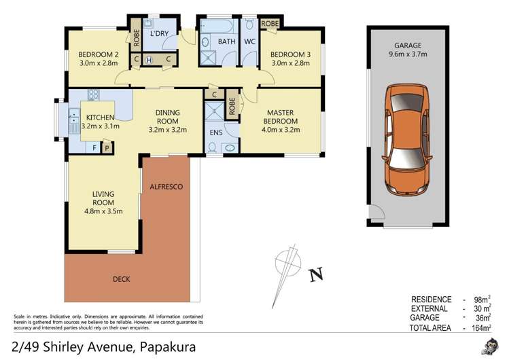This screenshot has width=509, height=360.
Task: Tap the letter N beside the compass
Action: pos(315,275)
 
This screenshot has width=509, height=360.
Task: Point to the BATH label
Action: pos(226,41)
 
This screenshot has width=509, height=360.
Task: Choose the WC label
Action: pos(249,41)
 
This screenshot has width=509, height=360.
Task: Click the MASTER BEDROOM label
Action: pos(279,118)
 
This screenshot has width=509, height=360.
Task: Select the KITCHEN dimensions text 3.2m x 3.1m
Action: pos(100,126)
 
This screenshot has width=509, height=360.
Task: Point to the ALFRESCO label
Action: pos(166,186)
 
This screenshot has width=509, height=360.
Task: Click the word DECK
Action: pos(122,278)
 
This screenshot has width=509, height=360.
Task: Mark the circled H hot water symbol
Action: pos(149,60)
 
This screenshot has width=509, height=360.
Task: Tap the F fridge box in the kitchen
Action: pos(93,147)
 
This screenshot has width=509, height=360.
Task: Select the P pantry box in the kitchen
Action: pos(106,147)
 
